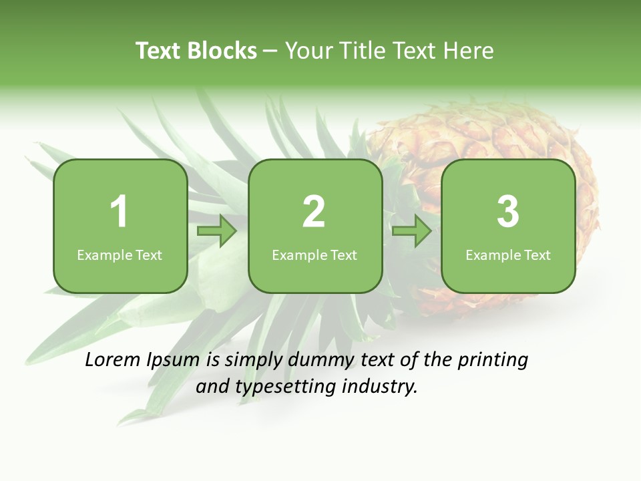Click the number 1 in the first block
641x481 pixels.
coord(120,212)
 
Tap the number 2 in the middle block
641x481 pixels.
coord(314,212)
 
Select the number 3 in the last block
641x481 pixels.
coord(508,212)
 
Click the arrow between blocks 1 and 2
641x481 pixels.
coord(218,231)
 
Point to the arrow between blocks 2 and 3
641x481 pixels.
coord(412,231)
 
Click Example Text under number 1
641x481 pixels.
coord(120,255)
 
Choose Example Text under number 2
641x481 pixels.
coord(314,255)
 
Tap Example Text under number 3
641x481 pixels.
coord(508,255)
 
